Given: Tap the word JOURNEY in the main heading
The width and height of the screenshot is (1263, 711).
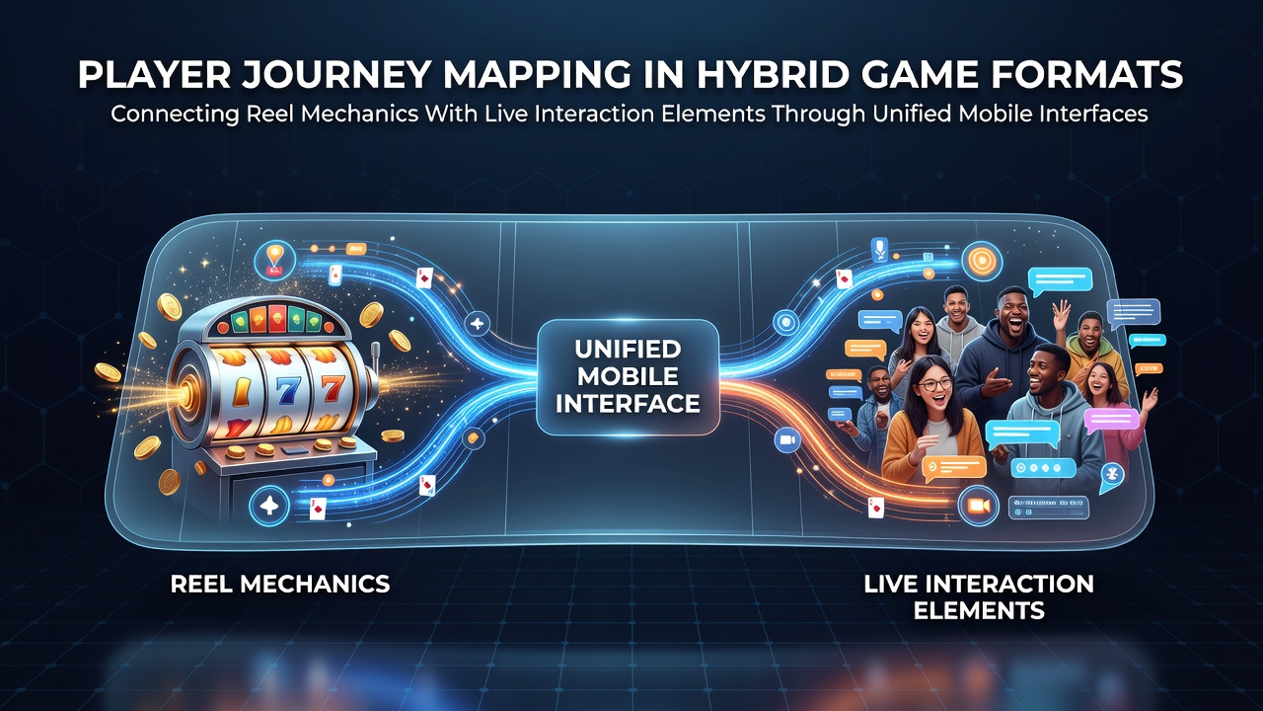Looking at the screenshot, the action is coord(336,74).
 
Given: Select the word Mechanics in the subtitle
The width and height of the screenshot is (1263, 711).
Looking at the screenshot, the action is coord(360,114).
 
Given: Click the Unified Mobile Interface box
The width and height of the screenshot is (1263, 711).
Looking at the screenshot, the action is coord(628,377).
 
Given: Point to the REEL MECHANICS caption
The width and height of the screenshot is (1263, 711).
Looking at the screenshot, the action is coord(280,584).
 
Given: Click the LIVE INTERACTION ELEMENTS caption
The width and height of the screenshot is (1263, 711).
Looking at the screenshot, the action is coord(979,597).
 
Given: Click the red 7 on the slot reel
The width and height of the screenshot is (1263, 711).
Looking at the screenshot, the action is coord(332,388).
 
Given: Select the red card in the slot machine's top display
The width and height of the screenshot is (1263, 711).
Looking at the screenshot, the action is coord(277,317).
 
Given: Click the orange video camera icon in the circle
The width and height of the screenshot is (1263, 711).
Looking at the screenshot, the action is coord(978,506).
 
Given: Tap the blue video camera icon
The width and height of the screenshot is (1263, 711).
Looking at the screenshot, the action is coord(787,440).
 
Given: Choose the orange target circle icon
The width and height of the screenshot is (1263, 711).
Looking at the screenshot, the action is coord(982,262).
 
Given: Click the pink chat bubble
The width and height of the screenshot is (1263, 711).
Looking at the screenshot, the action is coord(1111,421).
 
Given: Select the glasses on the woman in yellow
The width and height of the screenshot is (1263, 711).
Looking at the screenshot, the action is coord(933,385).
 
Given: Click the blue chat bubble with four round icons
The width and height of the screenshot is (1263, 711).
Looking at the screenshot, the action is coord(1043,468).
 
